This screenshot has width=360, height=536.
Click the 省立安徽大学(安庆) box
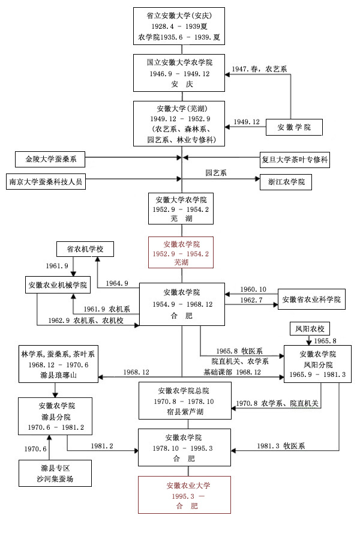tap(182, 27)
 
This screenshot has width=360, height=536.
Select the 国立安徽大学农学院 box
tap(182, 73)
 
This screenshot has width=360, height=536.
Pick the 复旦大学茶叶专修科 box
tap(295, 160)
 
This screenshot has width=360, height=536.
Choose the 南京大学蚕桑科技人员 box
tap(46, 181)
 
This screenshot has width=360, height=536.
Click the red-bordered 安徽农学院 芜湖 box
tap(182, 253)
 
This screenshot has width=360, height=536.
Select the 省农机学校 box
tap(85, 248)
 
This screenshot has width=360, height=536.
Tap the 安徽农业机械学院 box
tap(57, 285)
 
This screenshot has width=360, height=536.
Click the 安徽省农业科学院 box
tap(311, 298)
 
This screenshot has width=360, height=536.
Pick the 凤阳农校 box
tap(310, 329)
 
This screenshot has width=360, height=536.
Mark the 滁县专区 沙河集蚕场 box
tap(55, 472)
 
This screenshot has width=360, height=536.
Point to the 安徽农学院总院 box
tap(181, 402)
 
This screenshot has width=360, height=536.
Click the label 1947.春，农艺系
tap(259, 70)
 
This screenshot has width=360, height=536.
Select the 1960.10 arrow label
tap(253, 289)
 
